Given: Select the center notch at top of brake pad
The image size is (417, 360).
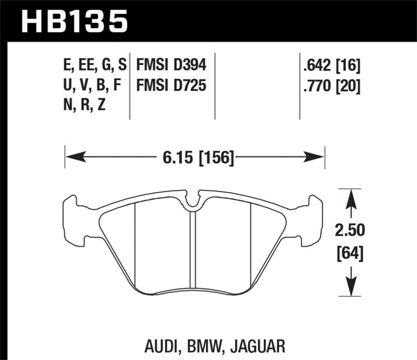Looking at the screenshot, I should point(193,201).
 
